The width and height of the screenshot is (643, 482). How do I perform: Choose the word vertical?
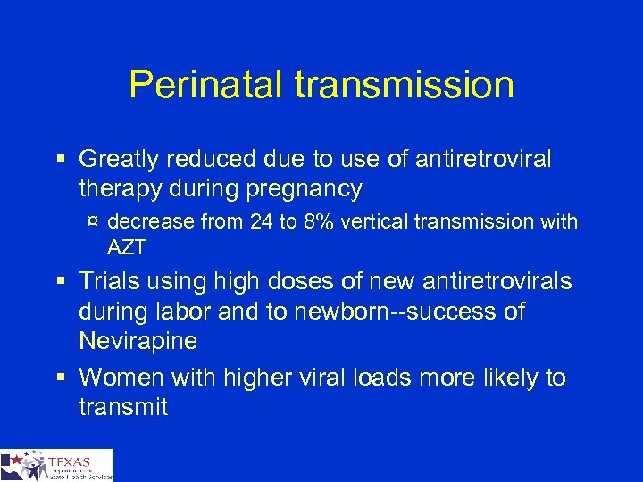[x=385, y=221]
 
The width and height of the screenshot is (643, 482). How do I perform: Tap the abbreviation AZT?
[x=126, y=245]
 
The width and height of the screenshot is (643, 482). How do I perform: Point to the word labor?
[x=185, y=312]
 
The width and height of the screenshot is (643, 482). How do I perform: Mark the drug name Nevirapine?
[x=139, y=342]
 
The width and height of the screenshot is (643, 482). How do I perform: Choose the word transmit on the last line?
[x=123, y=408]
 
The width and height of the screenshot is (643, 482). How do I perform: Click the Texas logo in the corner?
[x=56, y=465]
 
